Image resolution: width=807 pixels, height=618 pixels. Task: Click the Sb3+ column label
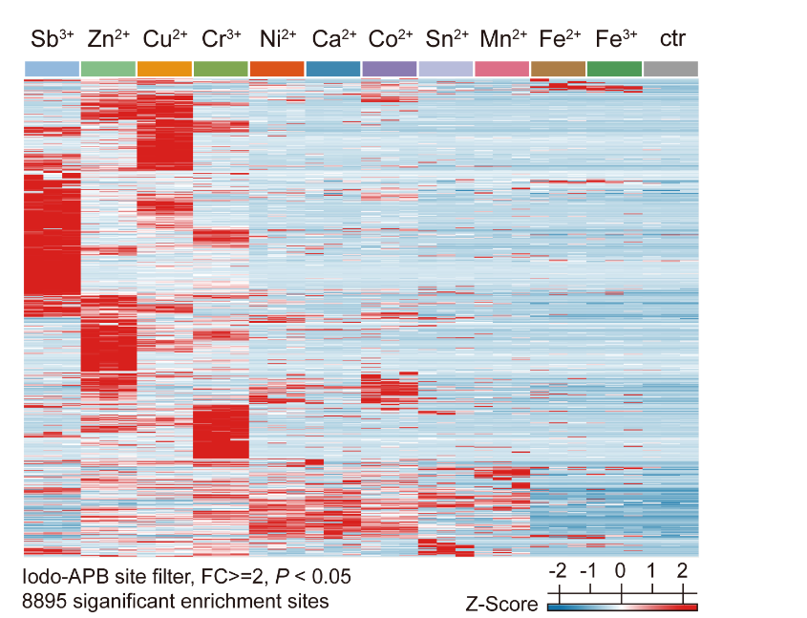coord(52,40)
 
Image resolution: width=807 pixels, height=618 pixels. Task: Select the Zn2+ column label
coord(108,40)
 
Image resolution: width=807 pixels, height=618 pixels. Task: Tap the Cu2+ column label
coord(164,40)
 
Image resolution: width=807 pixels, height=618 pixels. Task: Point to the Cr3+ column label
coord(221,40)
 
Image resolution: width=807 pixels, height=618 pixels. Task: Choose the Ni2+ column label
coord(277,40)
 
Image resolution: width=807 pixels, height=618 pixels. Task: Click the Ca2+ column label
coord(334,40)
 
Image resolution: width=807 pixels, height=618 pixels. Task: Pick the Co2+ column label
coord(390,40)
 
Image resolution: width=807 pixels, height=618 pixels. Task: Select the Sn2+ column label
coord(446,40)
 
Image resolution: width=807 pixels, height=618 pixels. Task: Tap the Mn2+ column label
coord(503,40)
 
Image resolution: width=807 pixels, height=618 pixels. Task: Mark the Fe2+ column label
coord(559,40)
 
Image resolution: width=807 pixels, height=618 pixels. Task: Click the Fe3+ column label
coord(615,40)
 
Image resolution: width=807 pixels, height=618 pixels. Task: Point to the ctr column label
coord(671,40)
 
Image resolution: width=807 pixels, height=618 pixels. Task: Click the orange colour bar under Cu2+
coord(164,69)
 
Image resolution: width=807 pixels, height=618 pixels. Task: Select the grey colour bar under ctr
coord(671,69)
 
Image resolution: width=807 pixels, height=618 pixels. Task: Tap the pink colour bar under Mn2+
coord(502,69)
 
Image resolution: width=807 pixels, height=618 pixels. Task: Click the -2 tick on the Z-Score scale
coord(558,571)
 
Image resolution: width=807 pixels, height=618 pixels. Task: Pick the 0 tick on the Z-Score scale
coord(621,571)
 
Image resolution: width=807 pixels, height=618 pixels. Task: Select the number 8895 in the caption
coord(44,602)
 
